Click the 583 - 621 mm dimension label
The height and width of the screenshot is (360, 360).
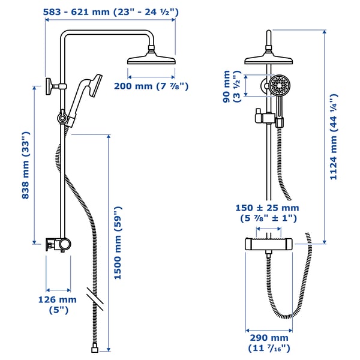point(110,10)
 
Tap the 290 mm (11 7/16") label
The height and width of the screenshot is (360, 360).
point(269,343)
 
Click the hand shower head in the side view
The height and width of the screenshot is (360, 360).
point(91,87)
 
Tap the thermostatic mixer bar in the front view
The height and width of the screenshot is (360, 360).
point(268,244)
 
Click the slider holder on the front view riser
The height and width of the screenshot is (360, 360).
point(262,118)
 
